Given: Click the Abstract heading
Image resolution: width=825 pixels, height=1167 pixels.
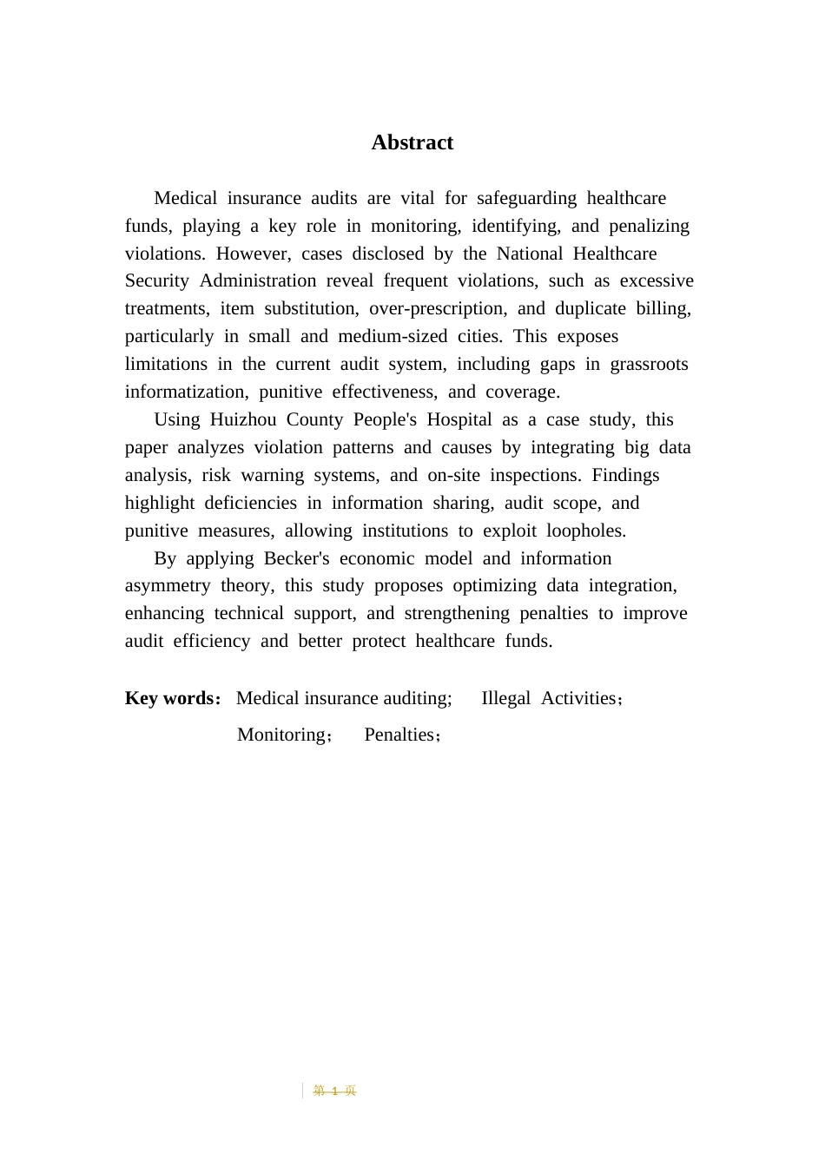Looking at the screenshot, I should tap(412, 142).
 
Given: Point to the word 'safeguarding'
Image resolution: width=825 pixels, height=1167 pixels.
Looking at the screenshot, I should tap(526, 198).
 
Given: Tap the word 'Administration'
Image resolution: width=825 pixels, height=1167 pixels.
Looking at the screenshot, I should tap(258, 280).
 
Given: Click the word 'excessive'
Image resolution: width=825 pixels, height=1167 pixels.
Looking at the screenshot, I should tap(657, 280).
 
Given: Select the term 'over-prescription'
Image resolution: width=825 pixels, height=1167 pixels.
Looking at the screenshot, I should tap(438, 308).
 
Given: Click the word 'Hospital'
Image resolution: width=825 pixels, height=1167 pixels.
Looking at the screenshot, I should tap(459, 419).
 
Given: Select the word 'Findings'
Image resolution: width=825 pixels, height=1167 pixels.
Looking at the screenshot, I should tap(625, 475).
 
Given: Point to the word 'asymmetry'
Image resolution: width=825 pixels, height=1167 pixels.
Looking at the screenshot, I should tap(168, 585).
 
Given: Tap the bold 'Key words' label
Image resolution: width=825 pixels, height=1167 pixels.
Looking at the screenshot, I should tap(169, 698).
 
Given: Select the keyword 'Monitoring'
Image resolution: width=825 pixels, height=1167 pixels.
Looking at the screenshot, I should tap(281, 735).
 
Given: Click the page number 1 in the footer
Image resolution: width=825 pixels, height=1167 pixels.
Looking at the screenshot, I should tap(334, 1091).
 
